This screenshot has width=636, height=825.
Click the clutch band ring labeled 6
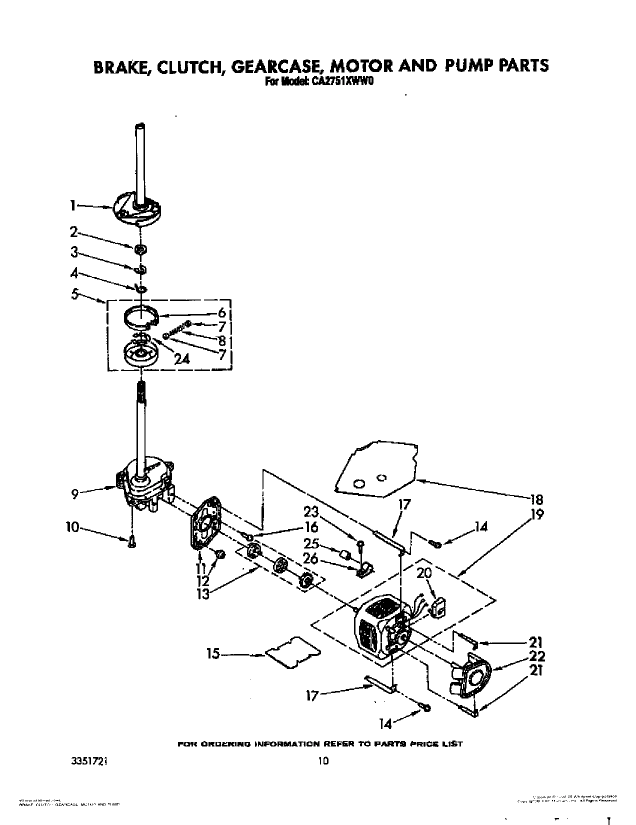point(141,318)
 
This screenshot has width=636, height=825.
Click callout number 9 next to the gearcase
point(74,494)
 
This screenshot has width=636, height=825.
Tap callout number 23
point(310,512)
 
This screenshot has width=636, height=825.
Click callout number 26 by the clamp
point(310,558)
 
